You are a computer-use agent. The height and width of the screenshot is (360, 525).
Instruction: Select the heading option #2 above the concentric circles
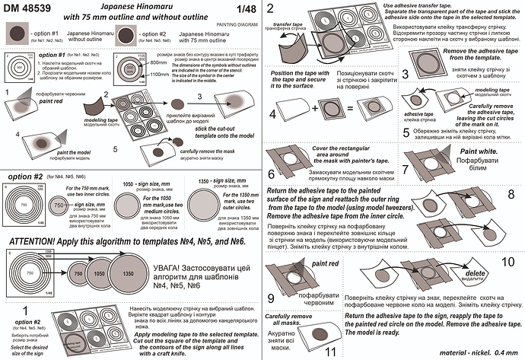[x=28, y=177]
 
